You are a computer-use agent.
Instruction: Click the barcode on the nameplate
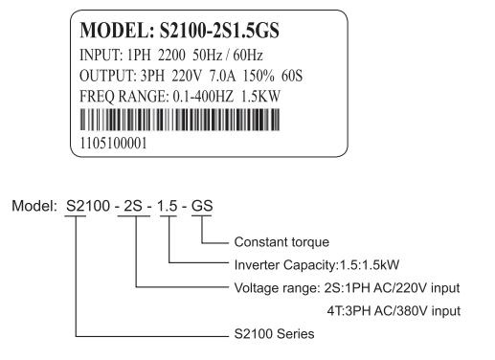click(x=180, y=120)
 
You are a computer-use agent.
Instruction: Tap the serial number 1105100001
click(x=113, y=144)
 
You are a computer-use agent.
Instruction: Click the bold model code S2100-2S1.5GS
click(x=219, y=31)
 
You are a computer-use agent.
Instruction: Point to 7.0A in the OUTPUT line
click(x=222, y=76)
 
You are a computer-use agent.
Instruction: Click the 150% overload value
click(x=259, y=76)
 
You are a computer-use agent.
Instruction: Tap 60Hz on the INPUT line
click(x=248, y=56)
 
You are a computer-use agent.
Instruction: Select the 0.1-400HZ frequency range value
click(x=203, y=97)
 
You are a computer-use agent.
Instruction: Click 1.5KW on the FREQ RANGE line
click(x=260, y=97)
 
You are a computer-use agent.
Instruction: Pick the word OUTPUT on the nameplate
click(x=108, y=76)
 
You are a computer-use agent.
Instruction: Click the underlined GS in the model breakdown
click(x=202, y=206)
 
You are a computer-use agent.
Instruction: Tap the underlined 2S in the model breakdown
click(x=133, y=206)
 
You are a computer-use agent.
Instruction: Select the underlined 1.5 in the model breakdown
click(x=168, y=206)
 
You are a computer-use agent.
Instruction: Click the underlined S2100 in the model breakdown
click(x=88, y=206)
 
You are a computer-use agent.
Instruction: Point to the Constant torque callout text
click(x=281, y=242)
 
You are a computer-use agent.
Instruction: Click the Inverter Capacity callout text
click(x=317, y=265)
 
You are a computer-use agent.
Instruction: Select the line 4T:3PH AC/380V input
click(x=394, y=311)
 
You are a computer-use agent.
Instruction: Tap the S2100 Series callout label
click(x=274, y=334)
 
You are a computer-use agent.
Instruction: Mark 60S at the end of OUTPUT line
click(x=292, y=76)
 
